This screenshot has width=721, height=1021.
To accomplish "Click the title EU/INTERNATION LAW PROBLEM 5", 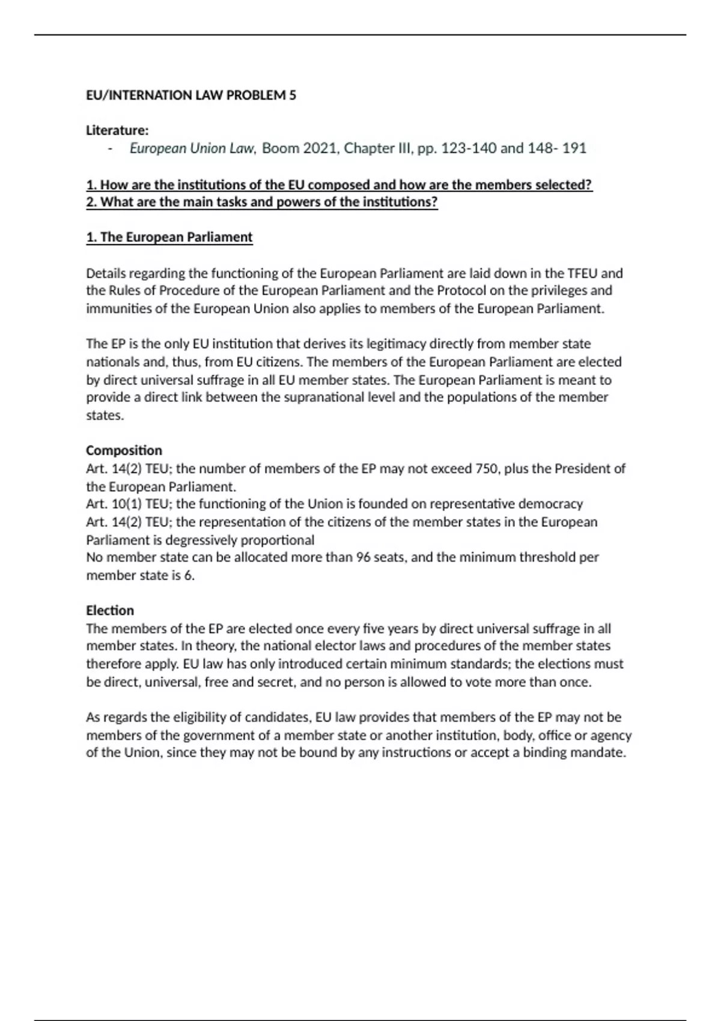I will click(191, 95).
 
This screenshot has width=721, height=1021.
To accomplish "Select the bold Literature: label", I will click(117, 130).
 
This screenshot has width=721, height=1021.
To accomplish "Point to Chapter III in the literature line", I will click(378, 148).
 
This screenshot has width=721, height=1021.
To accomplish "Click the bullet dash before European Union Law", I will click(110, 148).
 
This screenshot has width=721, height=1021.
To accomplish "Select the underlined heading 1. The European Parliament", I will click(169, 237).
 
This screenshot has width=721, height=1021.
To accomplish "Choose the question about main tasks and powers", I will click(262, 202).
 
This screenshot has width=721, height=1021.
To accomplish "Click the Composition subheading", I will click(124, 450).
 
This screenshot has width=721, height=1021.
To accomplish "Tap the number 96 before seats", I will click(363, 557).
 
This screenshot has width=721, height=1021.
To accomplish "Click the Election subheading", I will click(110, 611).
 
